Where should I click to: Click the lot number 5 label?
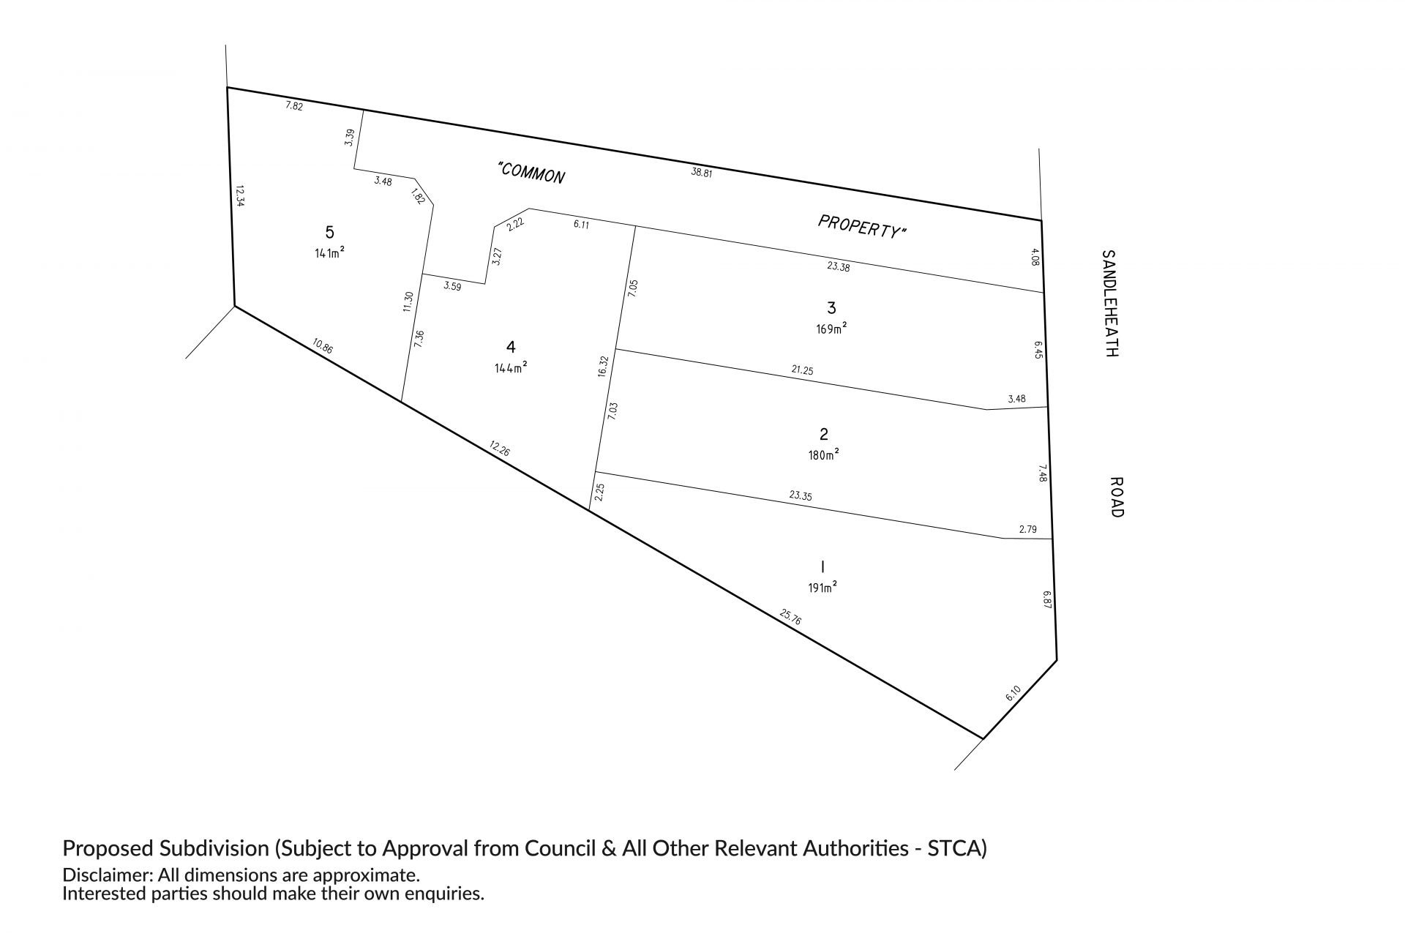coord(329,232)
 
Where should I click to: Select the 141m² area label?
coord(329,253)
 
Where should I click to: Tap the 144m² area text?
coord(511,368)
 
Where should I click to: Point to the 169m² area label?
coord(831,329)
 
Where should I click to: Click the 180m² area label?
coord(823,454)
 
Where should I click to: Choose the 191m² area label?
coord(823,587)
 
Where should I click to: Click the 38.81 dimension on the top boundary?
coord(702,173)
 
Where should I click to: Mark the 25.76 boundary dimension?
coord(791,617)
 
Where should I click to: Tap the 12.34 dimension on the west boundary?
coord(239,195)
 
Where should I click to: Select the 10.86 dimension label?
coord(322,346)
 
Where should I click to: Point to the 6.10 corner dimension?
coord(1013,692)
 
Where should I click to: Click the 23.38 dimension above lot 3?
coord(839,267)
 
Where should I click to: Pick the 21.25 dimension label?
coord(802,370)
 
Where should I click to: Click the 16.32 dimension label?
coord(603,366)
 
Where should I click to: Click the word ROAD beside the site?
coord(1116,497)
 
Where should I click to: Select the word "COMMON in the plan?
coord(531,173)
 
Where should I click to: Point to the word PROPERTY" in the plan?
coord(862,226)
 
